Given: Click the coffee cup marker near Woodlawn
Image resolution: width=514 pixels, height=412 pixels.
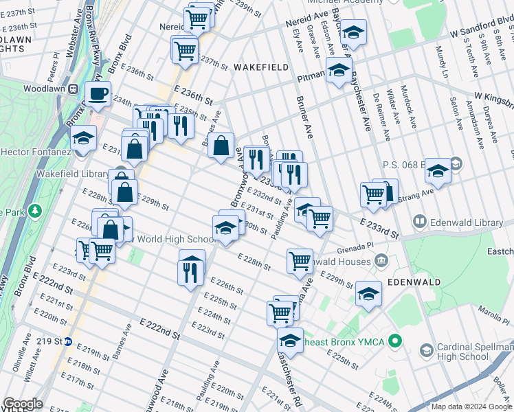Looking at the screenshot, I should point(98,93).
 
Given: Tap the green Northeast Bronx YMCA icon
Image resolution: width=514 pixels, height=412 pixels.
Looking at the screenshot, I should point(394,341).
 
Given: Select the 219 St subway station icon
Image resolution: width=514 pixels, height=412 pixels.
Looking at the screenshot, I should point(68,341).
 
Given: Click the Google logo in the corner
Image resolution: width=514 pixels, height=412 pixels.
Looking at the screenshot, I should point(22,404).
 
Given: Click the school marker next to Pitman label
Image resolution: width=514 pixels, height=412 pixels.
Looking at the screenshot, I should point(339,69).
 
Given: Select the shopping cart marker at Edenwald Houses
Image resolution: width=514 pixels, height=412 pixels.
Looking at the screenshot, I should point(300,260).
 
